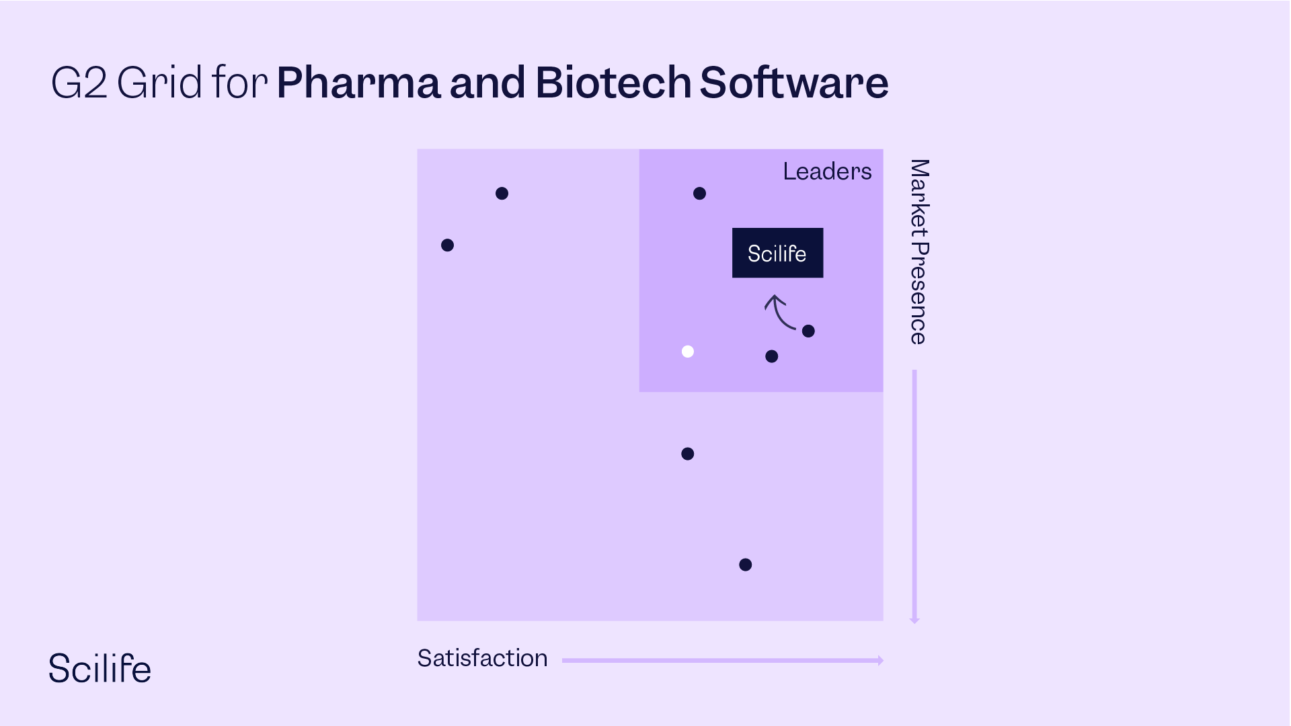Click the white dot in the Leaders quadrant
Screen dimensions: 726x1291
pyautogui.click(x=687, y=352)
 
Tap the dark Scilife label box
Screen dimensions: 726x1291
pyautogui.click(x=777, y=253)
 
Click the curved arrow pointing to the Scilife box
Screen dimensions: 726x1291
pyautogui.click(x=779, y=312)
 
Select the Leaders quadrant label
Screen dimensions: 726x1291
pyautogui.click(x=827, y=171)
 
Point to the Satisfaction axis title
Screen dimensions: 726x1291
pyautogui.click(x=482, y=658)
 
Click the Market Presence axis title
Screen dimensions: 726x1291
pyautogui.click(x=918, y=252)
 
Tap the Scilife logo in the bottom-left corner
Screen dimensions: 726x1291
pyautogui.click(x=100, y=668)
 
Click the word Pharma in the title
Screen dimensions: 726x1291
pyautogui.click(x=358, y=83)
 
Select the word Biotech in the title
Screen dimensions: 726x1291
pyautogui.click(x=613, y=83)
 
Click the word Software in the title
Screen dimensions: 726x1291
pyautogui.click(x=794, y=83)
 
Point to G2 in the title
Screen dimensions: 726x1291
pyautogui.click(x=79, y=83)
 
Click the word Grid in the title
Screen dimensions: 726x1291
pyautogui.click(x=159, y=83)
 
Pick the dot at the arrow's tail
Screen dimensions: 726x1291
pyautogui.click(x=808, y=331)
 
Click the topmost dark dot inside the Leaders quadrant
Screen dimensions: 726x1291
pyautogui.click(x=699, y=194)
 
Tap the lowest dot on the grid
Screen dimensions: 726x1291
pyautogui.click(x=745, y=565)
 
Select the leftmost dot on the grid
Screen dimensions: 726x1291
pyautogui.click(x=447, y=245)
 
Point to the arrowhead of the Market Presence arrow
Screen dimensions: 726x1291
pyautogui.click(x=914, y=619)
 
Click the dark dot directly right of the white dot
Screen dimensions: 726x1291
pyautogui.click(x=771, y=356)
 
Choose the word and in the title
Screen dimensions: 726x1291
pyautogui.click(x=487, y=83)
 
